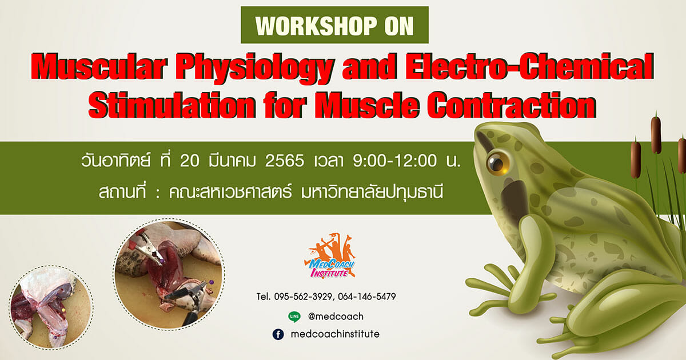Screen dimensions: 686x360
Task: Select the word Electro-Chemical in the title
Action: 530,66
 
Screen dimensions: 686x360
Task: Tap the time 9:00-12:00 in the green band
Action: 395,161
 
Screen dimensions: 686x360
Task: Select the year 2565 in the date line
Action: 285,161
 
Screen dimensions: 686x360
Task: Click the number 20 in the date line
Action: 190,161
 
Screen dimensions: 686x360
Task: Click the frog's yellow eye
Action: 498,163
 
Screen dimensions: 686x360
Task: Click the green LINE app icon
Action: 294,317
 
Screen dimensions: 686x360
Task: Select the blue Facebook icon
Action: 278,334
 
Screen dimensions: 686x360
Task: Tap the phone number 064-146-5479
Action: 367,297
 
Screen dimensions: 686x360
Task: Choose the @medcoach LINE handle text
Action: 336,317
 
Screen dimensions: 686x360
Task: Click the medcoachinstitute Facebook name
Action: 335,334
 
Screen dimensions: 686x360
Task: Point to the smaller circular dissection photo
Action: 51,307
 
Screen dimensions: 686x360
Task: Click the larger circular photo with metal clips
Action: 169,274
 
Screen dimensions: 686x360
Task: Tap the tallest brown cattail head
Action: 656,135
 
